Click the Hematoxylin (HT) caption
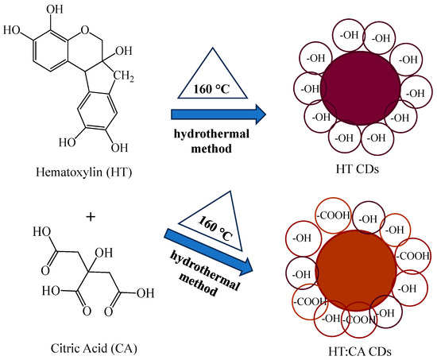tap(84, 172)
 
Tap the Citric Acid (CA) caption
tap(94, 348)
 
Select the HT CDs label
tap(358, 169)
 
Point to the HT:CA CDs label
tap(360, 351)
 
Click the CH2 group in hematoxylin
tap(123, 75)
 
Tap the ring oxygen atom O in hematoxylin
tap(85, 29)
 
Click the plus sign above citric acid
tap(91, 217)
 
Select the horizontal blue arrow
tap(218, 114)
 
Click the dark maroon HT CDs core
tap(361, 88)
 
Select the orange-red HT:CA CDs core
tap(357, 270)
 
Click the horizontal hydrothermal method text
tap(211, 141)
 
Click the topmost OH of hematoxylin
tap(55, 10)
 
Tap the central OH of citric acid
tap(103, 254)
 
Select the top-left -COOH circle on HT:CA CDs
tap(334, 215)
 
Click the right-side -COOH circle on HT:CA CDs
tap(412, 256)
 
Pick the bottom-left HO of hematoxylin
tap(68, 142)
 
